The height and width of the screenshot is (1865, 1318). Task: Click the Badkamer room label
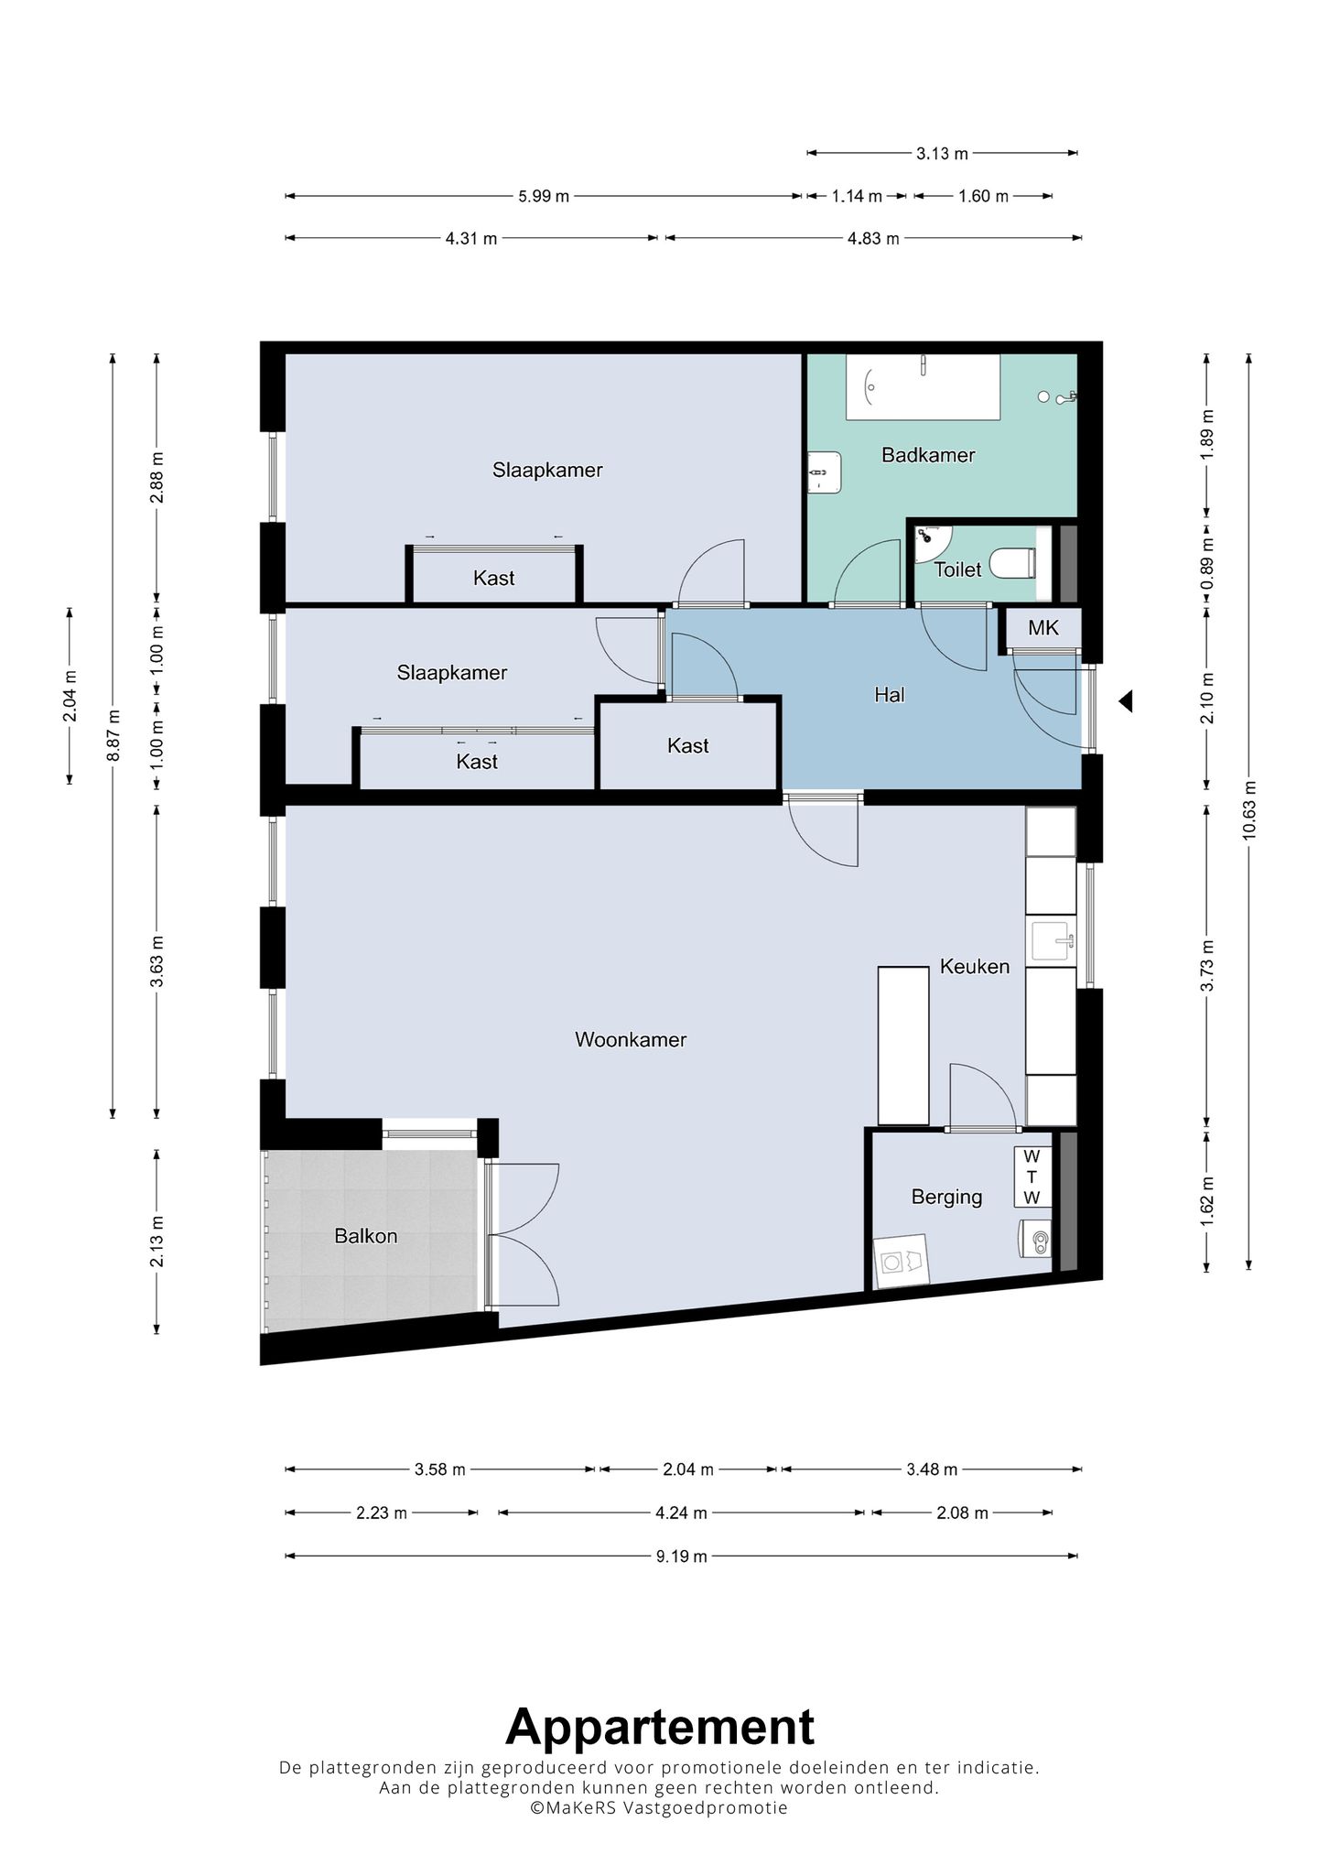click(928, 455)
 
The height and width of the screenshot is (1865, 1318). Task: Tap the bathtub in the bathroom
click(923, 387)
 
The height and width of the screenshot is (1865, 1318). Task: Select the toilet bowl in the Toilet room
click(1019, 562)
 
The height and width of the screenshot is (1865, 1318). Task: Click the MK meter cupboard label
click(1043, 628)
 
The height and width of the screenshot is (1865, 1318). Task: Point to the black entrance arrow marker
click(1126, 701)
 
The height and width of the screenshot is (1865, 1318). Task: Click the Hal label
click(890, 695)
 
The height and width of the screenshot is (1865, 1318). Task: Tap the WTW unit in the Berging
click(1032, 1176)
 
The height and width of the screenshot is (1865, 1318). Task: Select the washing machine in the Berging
click(902, 1262)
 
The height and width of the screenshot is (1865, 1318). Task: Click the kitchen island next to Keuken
click(903, 1046)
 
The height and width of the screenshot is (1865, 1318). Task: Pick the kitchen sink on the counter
click(1051, 941)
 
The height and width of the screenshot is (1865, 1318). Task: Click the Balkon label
click(366, 1236)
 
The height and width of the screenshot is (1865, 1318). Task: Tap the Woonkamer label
click(631, 1040)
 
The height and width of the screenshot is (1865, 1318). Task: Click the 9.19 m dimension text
click(682, 1556)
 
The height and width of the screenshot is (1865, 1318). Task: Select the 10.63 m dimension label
click(1250, 810)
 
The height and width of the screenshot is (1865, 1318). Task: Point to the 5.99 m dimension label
click(544, 196)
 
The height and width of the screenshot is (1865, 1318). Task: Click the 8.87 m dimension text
click(113, 735)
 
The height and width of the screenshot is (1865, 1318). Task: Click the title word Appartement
click(660, 1728)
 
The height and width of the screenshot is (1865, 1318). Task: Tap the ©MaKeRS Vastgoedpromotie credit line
click(659, 1808)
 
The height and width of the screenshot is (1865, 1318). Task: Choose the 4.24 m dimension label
click(682, 1513)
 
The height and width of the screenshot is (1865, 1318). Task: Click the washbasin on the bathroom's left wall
click(824, 472)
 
